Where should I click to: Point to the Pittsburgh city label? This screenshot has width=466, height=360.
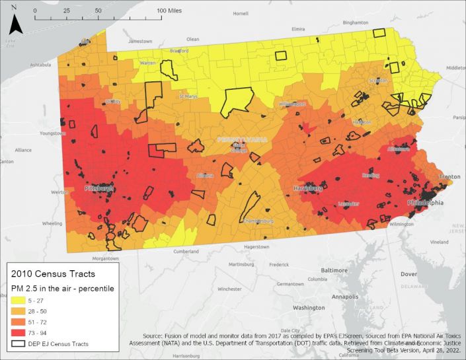(100, 188)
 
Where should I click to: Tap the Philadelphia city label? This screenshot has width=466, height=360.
(426, 202)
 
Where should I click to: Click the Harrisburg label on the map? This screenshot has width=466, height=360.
(307, 188)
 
